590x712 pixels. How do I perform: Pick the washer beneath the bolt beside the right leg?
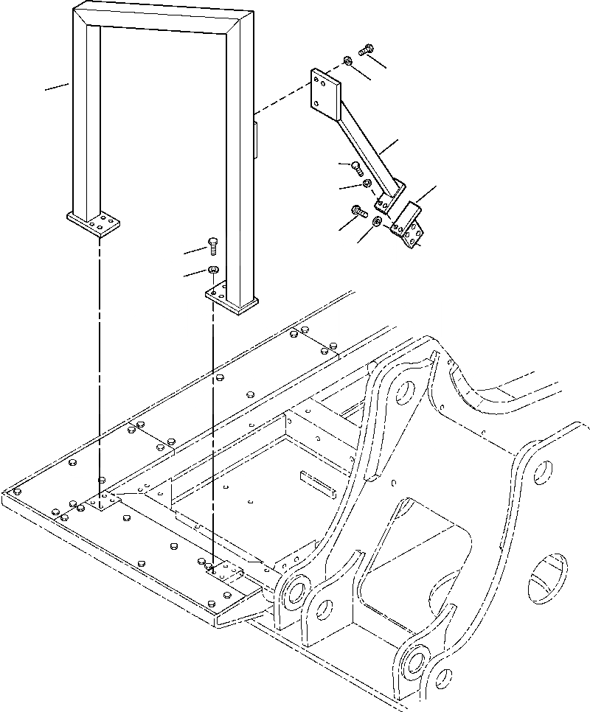(213, 270)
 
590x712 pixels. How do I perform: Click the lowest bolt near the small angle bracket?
(360, 212)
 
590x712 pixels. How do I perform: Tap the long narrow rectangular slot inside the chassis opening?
(317, 483)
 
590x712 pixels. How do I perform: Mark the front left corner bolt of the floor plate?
(16, 492)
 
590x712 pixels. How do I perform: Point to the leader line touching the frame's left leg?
(56, 88)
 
